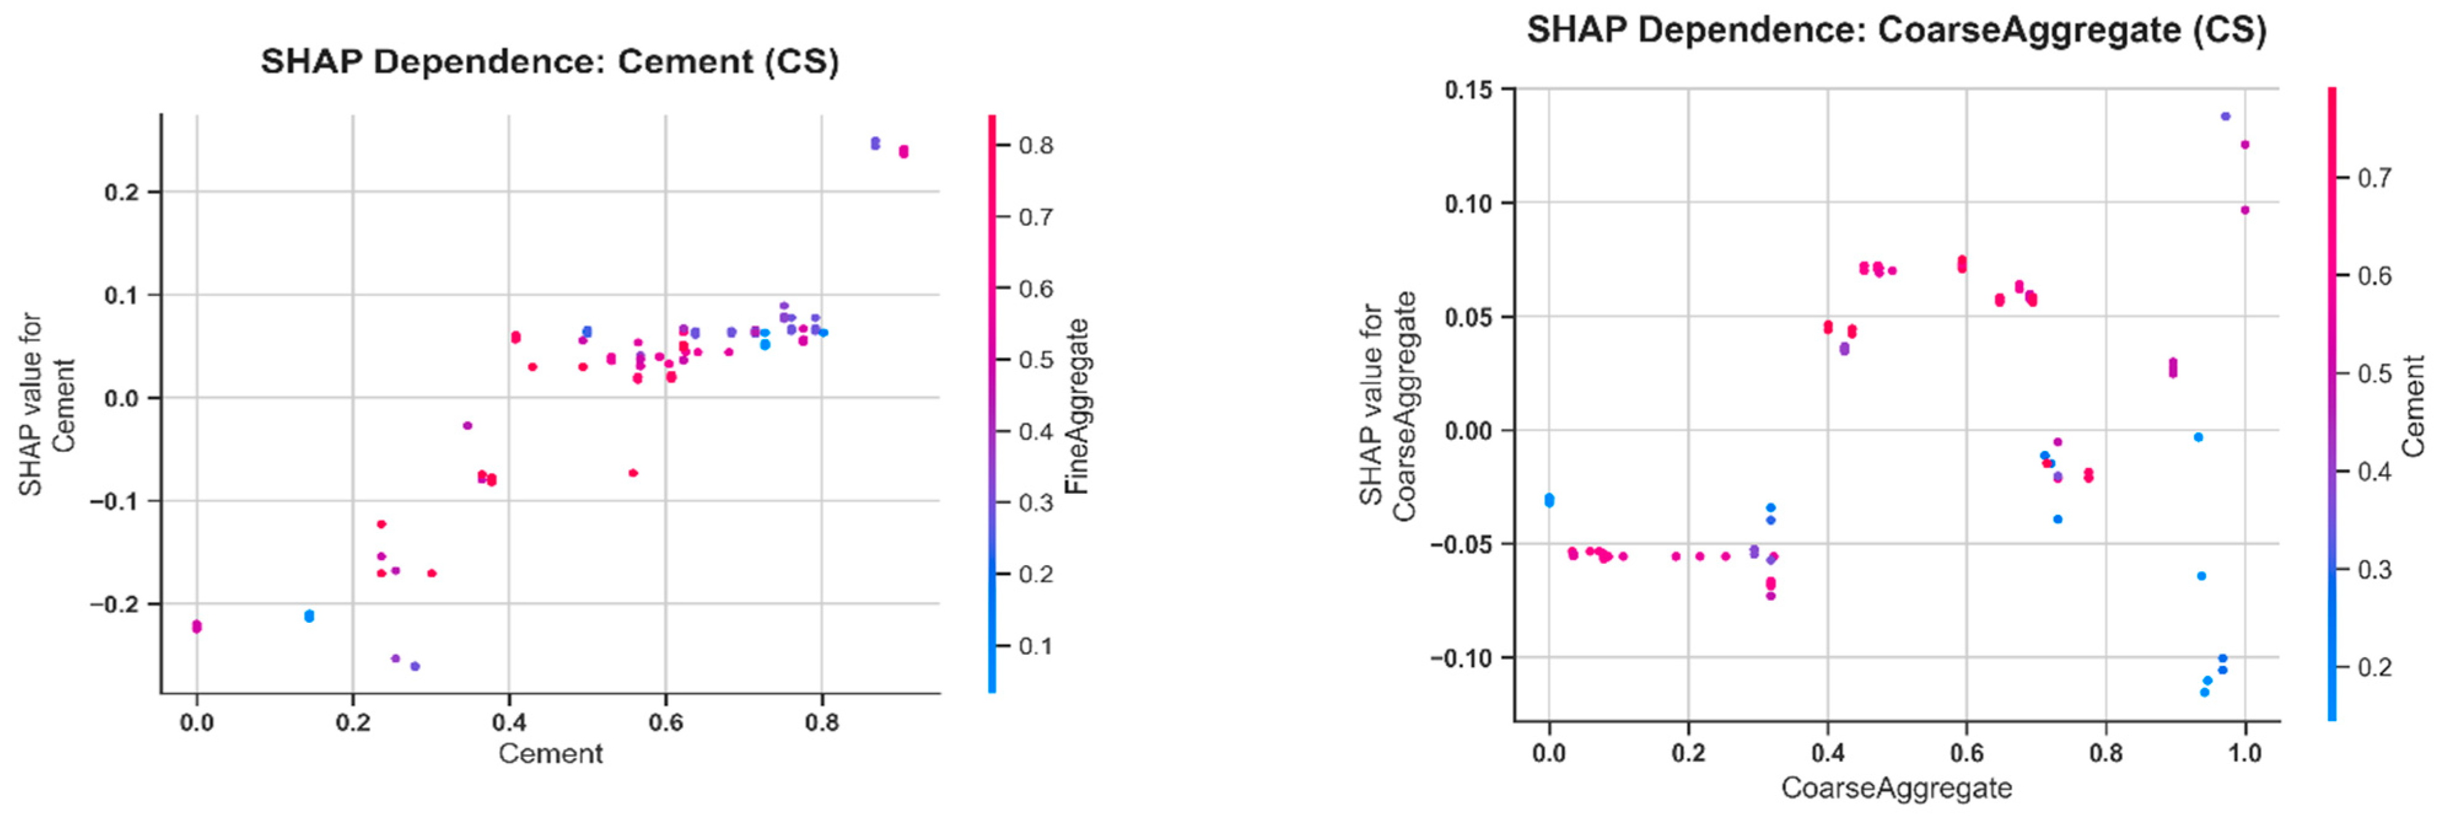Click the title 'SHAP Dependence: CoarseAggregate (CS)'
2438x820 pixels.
pyautogui.click(x=1896, y=30)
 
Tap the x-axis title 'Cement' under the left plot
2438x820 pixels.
pyautogui.click(x=551, y=754)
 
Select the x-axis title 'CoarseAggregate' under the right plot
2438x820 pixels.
pyautogui.click(x=1896, y=788)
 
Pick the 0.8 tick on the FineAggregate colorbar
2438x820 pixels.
pyautogui.click(x=1035, y=146)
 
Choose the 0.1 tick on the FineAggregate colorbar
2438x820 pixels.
pyautogui.click(x=1035, y=647)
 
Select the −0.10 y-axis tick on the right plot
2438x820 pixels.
pyautogui.click(x=1464, y=658)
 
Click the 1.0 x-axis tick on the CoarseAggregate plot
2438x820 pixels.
pyautogui.click(x=2245, y=754)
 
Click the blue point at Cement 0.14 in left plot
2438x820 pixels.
pyautogui.click(x=309, y=617)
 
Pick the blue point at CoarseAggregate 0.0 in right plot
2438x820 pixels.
pyautogui.click(x=1549, y=500)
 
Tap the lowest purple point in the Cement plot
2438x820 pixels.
pyautogui.click(x=414, y=666)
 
